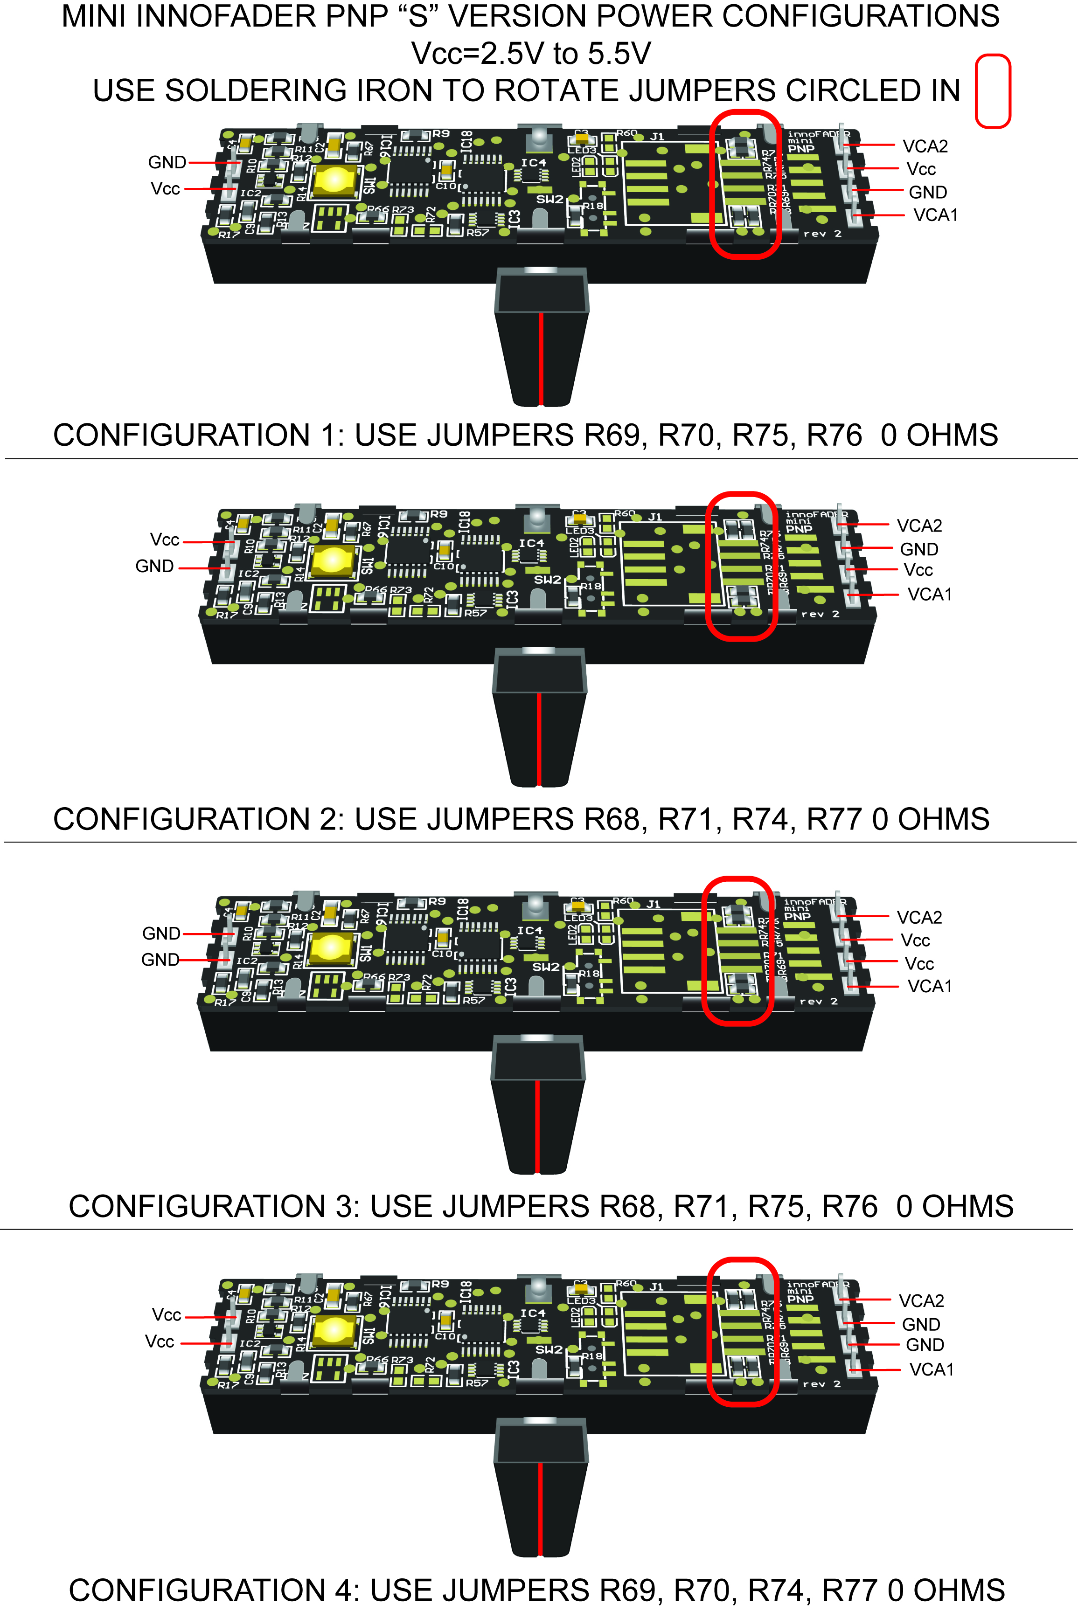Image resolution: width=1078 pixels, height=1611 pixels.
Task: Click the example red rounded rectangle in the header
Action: pyautogui.click(x=993, y=91)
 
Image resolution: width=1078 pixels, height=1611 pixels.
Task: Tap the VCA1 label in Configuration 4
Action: pyautogui.click(x=931, y=1369)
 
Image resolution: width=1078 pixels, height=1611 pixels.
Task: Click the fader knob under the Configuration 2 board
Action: pyautogui.click(x=540, y=718)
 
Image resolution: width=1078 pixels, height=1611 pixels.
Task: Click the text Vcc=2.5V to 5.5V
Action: pyautogui.click(x=531, y=54)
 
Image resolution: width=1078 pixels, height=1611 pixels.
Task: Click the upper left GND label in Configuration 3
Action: pyautogui.click(x=161, y=933)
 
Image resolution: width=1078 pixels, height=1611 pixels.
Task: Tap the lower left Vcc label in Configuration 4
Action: pyautogui.click(x=160, y=1341)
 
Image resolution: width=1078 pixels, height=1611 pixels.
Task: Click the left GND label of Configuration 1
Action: pyautogui.click(x=167, y=162)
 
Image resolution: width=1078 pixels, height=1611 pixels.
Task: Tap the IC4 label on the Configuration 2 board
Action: pyautogui.click(x=531, y=543)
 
